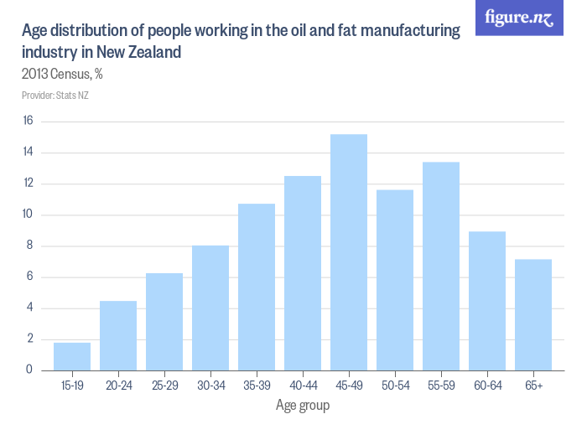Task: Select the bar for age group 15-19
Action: tap(72, 356)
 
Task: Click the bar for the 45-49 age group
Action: tap(349, 251)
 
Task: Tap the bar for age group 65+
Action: tap(533, 314)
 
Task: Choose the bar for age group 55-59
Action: tap(441, 266)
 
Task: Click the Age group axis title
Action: tap(303, 406)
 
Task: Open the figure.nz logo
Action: tap(519, 18)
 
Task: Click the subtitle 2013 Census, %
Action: tap(62, 74)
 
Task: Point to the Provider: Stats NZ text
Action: tap(55, 95)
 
